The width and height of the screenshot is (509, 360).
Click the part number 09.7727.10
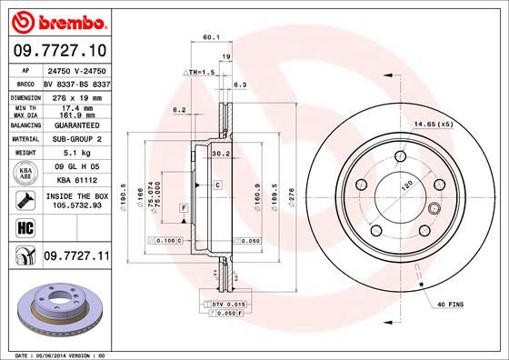[59, 50]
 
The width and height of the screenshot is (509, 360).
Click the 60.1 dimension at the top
[212, 37]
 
